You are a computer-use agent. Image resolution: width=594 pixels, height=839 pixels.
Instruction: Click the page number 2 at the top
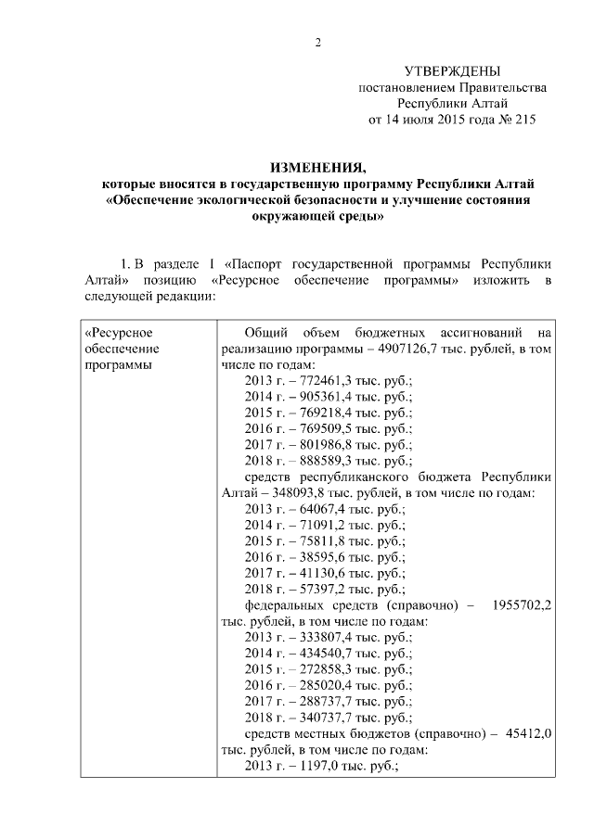tap(317, 43)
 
